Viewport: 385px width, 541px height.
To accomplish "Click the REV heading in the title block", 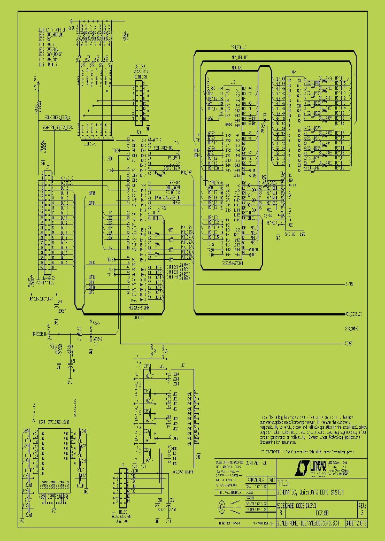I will point(362,504).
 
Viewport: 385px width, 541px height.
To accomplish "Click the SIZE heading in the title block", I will point(280,504).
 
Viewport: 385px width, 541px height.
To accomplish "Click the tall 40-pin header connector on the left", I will point(48,222).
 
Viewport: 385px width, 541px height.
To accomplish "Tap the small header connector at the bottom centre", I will point(122,488).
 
